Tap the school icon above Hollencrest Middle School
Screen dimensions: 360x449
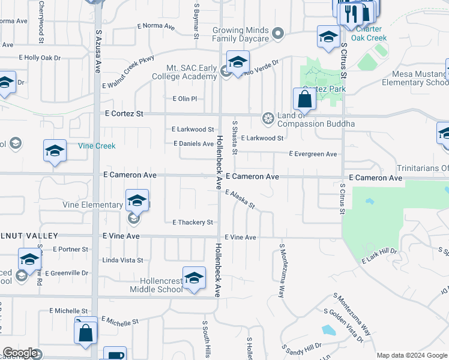coord(193,278)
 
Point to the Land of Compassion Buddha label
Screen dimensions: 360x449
coord(316,120)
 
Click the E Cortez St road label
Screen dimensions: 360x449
coord(124,113)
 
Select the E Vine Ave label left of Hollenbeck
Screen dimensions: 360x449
coord(121,237)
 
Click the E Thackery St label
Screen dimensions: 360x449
coord(193,223)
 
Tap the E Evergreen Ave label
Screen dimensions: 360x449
coord(313,154)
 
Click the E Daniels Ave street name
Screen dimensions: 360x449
coord(193,144)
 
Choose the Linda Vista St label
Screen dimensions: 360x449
coord(123,260)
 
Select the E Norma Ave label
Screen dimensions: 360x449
coord(155,26)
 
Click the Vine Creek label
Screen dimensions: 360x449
coord(97,146)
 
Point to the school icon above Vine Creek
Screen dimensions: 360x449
coord(55,151)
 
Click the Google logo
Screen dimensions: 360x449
coord(20,353)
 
